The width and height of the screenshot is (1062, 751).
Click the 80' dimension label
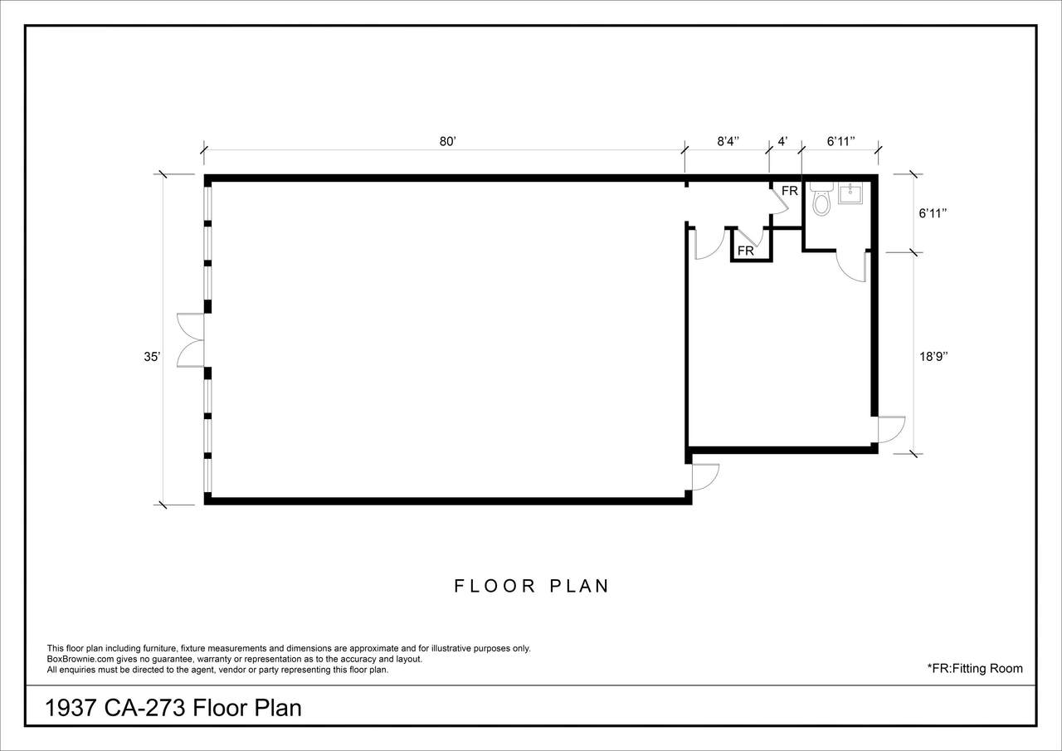[447, 142]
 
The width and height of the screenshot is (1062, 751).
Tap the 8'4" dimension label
[728, 142]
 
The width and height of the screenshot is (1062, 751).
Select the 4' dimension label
[782, 142]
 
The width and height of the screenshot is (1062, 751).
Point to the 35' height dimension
[152, 357]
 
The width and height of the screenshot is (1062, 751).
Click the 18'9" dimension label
[933, 357]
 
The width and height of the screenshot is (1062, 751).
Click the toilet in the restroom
[821, 198]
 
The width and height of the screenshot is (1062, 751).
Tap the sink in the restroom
[850, 193]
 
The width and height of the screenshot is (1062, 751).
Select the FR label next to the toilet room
[790, 191]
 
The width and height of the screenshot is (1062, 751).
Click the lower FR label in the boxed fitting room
[746, 251]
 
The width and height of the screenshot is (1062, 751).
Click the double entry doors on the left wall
[191, 340]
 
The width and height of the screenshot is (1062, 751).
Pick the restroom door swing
[851, 266]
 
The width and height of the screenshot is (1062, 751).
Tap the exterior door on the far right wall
[891, 430]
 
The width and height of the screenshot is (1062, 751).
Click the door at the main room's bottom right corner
[705, 477]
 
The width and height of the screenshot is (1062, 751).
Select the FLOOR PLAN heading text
[531, 586]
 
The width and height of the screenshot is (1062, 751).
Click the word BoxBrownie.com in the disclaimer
[80, 659]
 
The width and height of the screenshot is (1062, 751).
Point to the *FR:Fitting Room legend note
[975, 669]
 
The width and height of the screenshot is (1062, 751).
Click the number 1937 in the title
[71, 709]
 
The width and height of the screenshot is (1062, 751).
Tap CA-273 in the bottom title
[144, 709]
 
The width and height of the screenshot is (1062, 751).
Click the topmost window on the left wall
[207, 201]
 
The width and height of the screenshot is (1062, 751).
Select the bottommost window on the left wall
[207, 475]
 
